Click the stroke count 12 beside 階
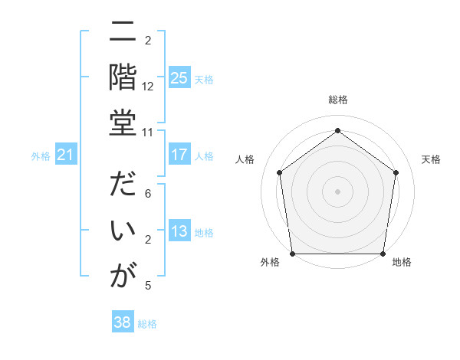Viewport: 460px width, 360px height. tap(148, 87)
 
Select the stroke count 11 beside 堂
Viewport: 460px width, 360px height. tap(148, 132)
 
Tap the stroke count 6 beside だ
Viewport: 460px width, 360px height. tap(148, 195)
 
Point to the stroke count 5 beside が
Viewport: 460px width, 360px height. tap(148, 286)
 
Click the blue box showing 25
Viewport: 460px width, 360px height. tap(179, 77)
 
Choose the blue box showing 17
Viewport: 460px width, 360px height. tap(179, 155)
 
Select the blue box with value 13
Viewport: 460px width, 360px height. tap(179, 231)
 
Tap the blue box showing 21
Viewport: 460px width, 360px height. tap(66, 155)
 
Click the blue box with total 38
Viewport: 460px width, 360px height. tap(123, 322)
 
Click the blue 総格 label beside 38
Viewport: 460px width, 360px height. tap(147, 324)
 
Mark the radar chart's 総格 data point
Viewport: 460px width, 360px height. tap(337, 130)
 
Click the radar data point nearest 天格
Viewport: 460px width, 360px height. tap(396, 172)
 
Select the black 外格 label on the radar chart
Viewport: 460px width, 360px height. tap(270, 262)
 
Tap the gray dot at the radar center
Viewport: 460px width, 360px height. tap(337, 191)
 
